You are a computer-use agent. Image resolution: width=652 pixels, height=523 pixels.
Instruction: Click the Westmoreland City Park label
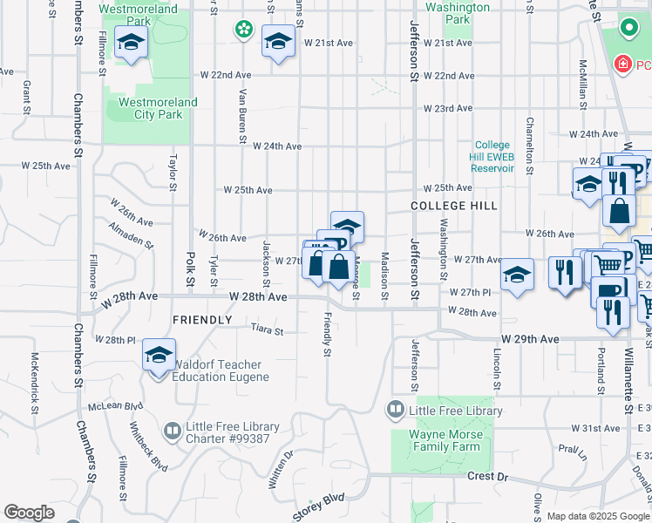point(158,108)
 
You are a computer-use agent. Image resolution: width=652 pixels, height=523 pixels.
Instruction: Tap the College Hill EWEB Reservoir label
point(493,157)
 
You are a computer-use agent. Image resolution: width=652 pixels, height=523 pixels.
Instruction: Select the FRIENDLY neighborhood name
point(202,320)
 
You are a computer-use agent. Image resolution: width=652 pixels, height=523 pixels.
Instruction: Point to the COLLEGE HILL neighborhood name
point(454,206)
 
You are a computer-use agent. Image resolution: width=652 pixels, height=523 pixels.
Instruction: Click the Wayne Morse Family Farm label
point(447,440)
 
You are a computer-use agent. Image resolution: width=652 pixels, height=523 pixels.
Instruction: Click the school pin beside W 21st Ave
point(278,42)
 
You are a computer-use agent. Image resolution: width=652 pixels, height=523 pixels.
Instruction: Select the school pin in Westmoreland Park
point(131,43)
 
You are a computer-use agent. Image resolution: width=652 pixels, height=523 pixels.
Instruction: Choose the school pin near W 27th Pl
point(517,275)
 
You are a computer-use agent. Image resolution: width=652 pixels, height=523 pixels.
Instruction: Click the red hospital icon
point(621,65)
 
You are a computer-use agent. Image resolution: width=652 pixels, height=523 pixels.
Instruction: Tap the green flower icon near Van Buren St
point(243,30)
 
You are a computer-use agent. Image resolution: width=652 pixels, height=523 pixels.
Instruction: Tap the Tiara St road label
point(267,331)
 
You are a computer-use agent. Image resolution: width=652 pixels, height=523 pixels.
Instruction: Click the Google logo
point(30,513)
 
